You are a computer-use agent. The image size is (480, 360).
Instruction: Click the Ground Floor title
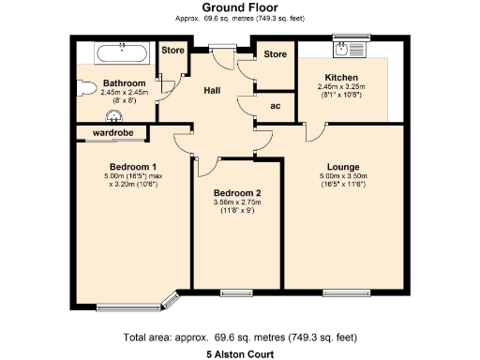239,7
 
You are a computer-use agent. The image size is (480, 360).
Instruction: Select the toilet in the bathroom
86,86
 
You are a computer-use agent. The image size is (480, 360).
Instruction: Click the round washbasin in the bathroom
114,116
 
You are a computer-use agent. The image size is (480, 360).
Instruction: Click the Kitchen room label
342,77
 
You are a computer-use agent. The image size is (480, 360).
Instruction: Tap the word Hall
214,90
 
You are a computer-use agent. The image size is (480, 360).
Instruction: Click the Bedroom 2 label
236,194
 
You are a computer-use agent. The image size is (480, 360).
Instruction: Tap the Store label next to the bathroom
172,50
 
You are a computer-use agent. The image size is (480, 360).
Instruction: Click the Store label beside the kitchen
274,54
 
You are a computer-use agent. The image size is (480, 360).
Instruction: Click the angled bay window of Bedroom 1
171,300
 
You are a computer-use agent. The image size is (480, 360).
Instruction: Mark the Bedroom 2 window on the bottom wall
234,292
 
